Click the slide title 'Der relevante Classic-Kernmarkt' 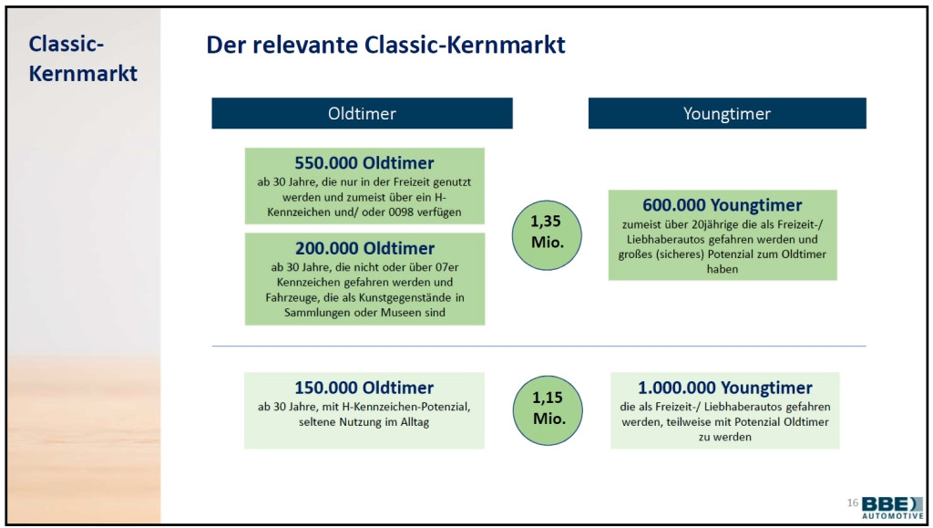(x=385, y=46)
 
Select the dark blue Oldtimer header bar (x=362, y=113)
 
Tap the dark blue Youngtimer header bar (x=727, y=113)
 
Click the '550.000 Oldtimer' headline (x=364, y=162)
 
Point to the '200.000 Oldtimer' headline (x=364, y=248)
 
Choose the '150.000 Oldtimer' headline (x=364, y=388)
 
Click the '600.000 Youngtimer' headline (x=723, y=205)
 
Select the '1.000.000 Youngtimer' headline (x=724, y=388)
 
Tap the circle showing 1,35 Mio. (x=547, y=235)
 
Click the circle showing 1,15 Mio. (x=548, y=410)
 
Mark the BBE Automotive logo (x=893, y=508)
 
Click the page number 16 (x=852, y=503)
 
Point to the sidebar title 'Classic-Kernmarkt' (x=83, y=58)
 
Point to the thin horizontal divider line (x=539, y=346)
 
